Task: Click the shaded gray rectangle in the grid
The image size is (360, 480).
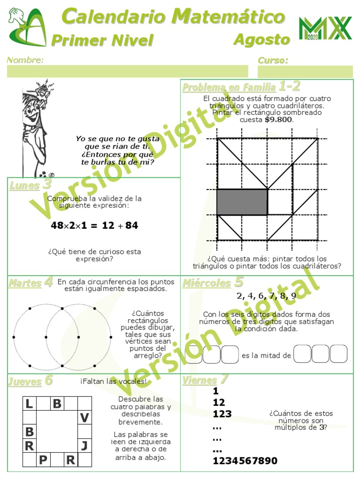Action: (x=242, y=202)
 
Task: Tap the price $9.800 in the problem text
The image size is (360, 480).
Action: (x=279, y=120)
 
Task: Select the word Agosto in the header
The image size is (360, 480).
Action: (x=262, y=40)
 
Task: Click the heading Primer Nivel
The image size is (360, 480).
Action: (x=102, y=41)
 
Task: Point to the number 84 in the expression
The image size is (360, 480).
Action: (x=132, y=225)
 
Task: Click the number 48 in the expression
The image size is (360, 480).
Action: (x=57, y=225)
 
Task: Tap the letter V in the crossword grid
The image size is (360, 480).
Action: (x=84, y=418)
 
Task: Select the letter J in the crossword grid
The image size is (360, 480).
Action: (x=84, y=445)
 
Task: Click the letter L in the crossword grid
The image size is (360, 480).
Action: (x=30, y=404)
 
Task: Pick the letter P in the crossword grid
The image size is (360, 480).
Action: (x=43, y=460)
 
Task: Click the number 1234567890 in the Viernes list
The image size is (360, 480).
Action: (x=245, y=461)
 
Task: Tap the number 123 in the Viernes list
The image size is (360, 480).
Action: (x=222, y=414)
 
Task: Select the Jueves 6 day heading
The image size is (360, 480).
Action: (x=30, y=382)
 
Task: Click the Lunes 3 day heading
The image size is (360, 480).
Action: (x=30, y=185)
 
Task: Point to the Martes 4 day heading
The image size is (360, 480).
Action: (x=30, y=283)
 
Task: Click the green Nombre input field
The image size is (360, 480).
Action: (x=127, y=71)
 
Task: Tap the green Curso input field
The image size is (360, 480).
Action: (x=305, y=71)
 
